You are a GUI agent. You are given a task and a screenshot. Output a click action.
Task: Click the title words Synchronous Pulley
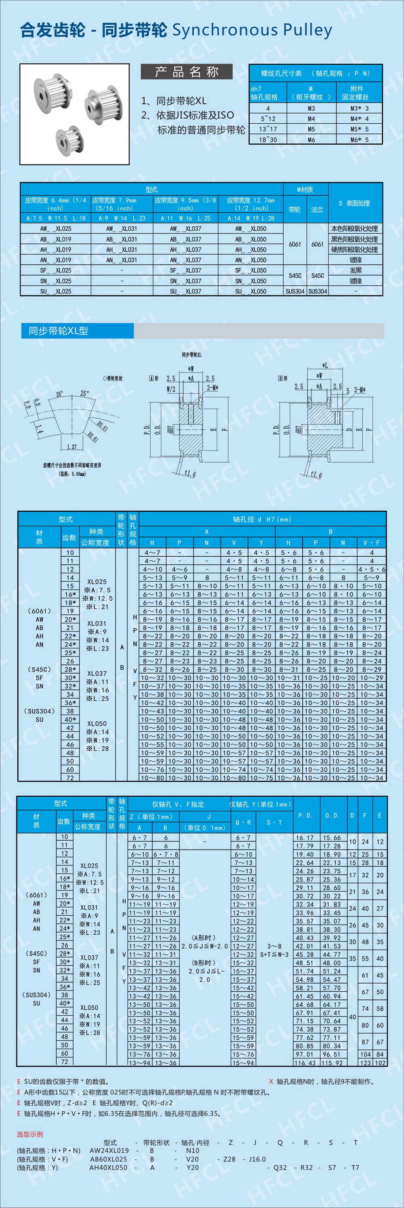click(252, 30)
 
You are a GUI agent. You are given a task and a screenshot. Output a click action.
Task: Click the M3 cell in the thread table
click(311, 108)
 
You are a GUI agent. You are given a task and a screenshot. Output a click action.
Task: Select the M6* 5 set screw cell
click(360, 140)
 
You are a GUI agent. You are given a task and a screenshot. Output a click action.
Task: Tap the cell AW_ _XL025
click(56, 229)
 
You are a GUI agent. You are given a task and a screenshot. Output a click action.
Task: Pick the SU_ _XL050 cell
click(251, 291)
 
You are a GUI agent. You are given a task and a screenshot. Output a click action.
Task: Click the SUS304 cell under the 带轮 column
click(295, 291)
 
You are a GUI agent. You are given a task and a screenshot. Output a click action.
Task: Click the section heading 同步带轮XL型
click(59, 331)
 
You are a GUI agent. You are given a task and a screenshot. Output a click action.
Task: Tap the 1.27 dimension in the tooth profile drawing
click(72, 447)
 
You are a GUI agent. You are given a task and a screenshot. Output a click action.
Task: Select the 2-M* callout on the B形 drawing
click(360, 390)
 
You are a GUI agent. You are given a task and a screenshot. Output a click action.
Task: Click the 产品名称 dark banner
click(187, 72)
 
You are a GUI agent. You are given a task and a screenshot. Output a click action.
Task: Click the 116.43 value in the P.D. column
click(305, 1062)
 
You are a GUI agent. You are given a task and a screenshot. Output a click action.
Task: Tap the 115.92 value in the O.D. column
click(332, 1062)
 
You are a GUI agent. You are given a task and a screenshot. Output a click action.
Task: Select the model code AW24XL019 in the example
click(109, 1150)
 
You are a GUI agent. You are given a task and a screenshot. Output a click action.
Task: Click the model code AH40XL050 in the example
click(108, 1167)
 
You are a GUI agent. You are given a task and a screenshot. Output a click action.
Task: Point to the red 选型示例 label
click(29, 1134)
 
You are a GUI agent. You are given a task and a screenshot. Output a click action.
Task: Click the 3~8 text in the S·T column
click(274, 946)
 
